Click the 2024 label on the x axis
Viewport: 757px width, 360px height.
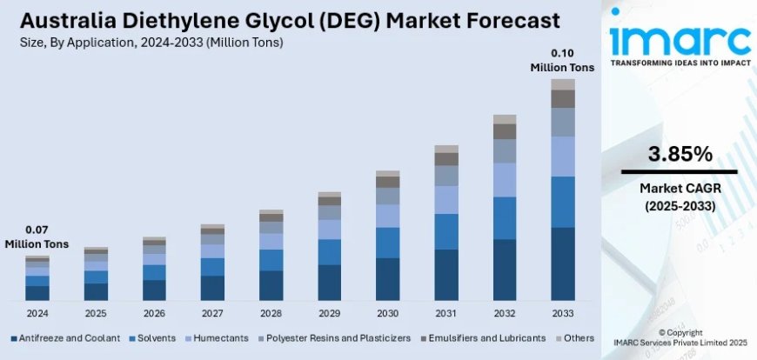[37, 312]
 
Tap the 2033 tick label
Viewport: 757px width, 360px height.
[563, 312]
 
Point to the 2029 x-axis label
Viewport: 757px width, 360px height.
[330, 312]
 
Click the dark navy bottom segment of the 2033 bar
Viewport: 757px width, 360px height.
[563, 264]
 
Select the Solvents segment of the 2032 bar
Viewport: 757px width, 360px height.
[505, 217]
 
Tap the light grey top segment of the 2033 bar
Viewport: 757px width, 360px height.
[563, 84]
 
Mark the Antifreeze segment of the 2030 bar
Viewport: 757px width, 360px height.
[388, 279]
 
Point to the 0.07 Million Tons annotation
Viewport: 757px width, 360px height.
[37, 237]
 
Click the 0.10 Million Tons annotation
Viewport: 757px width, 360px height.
[563, 60]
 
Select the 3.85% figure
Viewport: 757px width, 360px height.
[680, 155]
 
